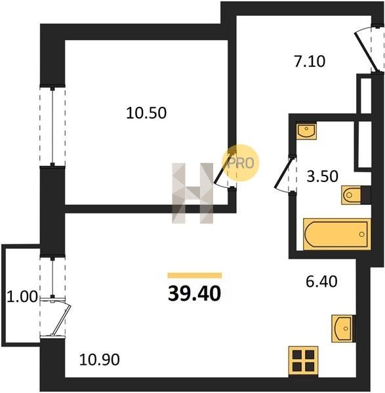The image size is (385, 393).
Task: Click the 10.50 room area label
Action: click(x=146, y=113)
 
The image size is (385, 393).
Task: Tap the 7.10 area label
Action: click(x=310, y=62)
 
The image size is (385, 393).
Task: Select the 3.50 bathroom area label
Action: click(x=322, y=176)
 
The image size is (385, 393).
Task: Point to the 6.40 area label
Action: click(x=321, y=281)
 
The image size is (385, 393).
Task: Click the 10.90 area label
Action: click(x=100, y=360)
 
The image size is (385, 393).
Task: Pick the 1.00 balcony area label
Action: click(x=22, y=297)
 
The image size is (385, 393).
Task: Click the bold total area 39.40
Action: click(x=195, y=293)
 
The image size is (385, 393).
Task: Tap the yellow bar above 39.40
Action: click(x=195, y=275)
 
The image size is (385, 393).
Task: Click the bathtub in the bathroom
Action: click(x=337, y=234)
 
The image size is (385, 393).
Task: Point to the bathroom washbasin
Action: click(x=306, y=130)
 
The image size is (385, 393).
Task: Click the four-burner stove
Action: click(x=303, y=361)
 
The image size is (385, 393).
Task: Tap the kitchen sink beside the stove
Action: click(x=343, y=328)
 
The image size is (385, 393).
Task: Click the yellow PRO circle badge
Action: click(x=241, y=163)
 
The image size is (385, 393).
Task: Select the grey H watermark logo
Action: click(x=193, y=193)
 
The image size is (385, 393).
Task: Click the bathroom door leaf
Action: click(x=283, y=172)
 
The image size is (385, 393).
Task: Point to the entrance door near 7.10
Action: click(x=365, y=52)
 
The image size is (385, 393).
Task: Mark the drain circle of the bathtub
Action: click(x=361, y=234)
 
